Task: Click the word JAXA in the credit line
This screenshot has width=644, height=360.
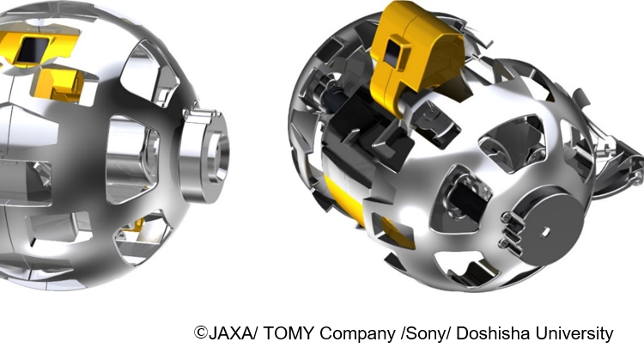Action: point(230,333)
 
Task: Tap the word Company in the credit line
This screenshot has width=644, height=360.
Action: point(357,334)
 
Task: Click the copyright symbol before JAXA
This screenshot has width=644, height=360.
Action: point(201,333)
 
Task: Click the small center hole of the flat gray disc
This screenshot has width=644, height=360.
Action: point(545,232)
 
